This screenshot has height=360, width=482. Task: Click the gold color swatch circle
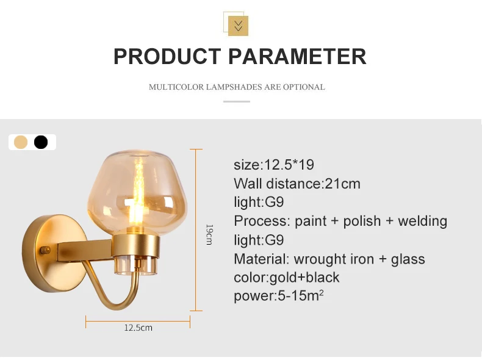pyautogui.click(x=21, y=142)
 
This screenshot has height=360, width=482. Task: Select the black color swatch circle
pyautogui.click(x=41, y=142)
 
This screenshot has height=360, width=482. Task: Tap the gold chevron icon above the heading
pyautogui.click(x=238, y=26)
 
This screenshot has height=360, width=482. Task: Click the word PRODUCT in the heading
pyautogui.click(x=167, y=57)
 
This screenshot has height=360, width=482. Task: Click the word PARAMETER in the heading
pyautogui.click(x=297, y=57)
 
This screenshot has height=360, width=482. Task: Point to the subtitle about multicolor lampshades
pyautogui.click(x=237, y=87)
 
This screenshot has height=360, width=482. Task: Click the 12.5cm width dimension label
pyautogui.click(x=138, y=328)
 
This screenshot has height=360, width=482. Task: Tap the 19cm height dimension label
pyautogui.click(x=209, y=234)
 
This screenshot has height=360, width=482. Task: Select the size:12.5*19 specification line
pyautogui.click(x=274, y=165)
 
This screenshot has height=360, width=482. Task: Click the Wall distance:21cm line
pyautogui.click(x=297, y=184)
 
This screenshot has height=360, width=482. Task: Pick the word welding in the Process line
pyautogui.click(x=422, y=221)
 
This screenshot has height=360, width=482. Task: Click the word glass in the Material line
pyautogui.click(x=408, y=259)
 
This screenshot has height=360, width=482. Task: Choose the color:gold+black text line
pyautogui.click(x=287, y=277)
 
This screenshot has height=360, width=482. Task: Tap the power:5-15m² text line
pyautogui.click(x=278, y=295)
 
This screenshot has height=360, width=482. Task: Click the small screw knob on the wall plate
pyautogui.click(x=46, y=250)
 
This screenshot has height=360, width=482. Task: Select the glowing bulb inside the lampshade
pyautogui.click(x=137, y=196)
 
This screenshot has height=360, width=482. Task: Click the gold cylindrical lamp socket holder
pyautogui.click(x=137, y=246)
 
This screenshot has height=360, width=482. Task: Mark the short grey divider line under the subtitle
pyautogui.click(x=236, y=101)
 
